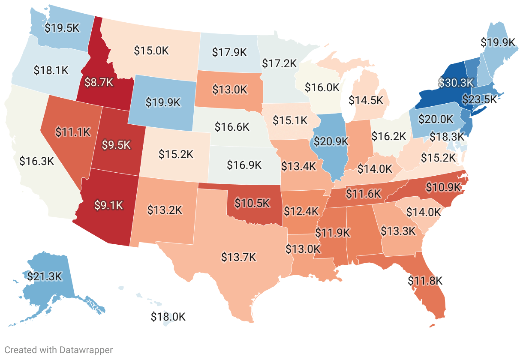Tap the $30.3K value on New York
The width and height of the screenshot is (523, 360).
click(455, 82)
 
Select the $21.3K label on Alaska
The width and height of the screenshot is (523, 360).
click(45, 276)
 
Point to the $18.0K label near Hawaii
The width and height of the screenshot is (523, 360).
click(168, 317)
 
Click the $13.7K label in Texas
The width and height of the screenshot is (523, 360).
click(238, 257)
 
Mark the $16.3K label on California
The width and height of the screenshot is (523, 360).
click(36, 161)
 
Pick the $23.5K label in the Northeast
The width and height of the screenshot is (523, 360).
click(479, 99)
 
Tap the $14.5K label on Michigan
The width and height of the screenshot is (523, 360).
click(366, 100)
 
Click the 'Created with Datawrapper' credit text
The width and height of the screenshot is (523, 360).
click(59, 350)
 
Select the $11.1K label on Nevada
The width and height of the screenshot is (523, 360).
click(73, 132)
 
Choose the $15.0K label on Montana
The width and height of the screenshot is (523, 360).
click(151, 50)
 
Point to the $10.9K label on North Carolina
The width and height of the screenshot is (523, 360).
click(443, 187)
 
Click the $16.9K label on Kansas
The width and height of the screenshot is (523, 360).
click(243, 165)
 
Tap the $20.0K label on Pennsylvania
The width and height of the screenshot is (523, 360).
click(436, 119)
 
